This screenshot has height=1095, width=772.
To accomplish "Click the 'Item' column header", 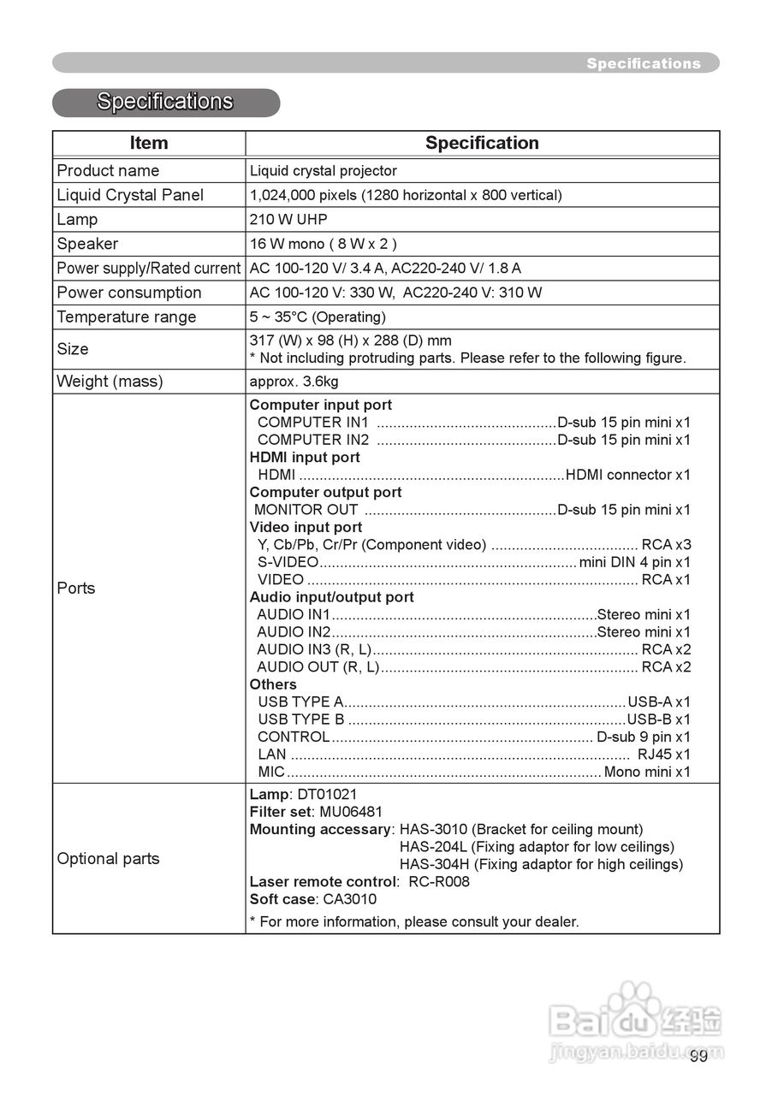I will (149, 143).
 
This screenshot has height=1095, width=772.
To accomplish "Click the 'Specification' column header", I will (482, 143).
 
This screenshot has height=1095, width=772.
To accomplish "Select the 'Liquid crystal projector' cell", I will (323, 170).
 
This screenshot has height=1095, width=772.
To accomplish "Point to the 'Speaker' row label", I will (87, 244).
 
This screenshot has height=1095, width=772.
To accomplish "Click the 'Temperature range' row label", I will (127, 317).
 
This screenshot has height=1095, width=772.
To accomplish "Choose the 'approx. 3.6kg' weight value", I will (294, 382).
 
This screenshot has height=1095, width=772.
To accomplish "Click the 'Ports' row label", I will (76, 588).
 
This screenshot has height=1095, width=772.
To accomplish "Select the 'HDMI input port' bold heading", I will (305, 457).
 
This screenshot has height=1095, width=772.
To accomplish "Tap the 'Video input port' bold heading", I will (306, 527).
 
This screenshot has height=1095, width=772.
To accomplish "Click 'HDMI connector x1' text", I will (627, 475).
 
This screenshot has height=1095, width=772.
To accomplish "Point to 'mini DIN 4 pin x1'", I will (634, 562).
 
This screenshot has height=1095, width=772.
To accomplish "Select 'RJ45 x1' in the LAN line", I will (663, 755).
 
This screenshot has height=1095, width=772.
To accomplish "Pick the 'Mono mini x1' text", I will (646, 772).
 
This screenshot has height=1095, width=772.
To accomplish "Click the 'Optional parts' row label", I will (108, 858).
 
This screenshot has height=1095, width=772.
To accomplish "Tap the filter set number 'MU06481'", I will (351, 811).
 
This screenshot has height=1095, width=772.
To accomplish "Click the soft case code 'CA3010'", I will (349, 899).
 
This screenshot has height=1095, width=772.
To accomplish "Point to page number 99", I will (698, 1056).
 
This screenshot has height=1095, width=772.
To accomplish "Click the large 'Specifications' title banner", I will (165, 102).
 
